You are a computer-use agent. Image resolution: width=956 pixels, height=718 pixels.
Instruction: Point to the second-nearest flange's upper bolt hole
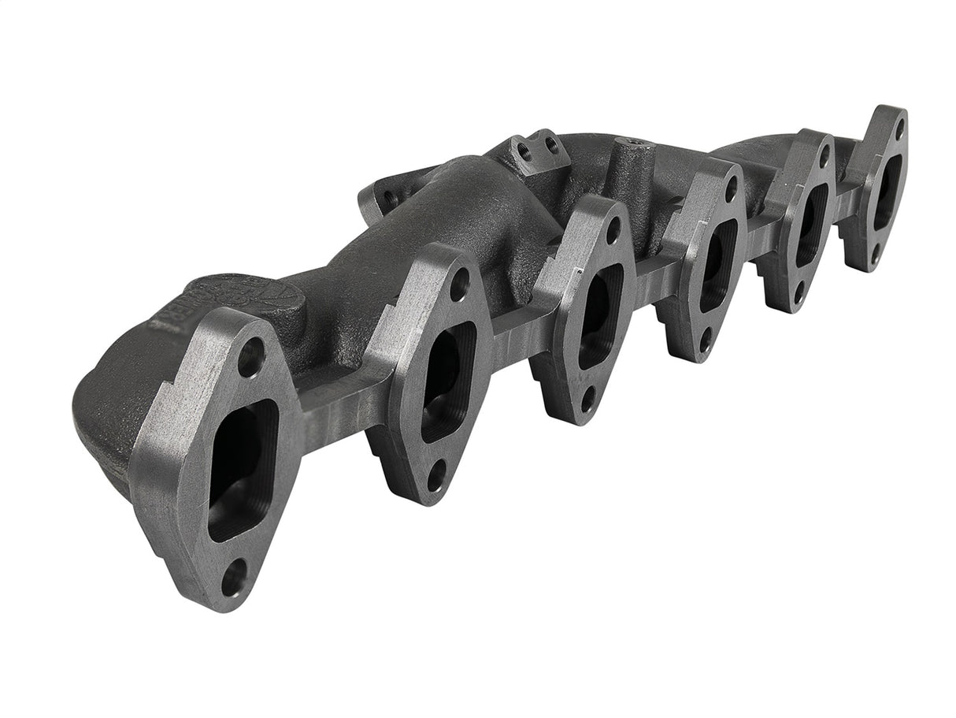click(x=459, y=284)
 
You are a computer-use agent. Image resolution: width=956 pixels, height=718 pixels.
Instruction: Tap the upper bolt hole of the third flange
click(x=613, y=230)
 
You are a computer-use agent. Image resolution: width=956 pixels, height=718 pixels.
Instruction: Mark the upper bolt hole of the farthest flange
click(x=898, y=126)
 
